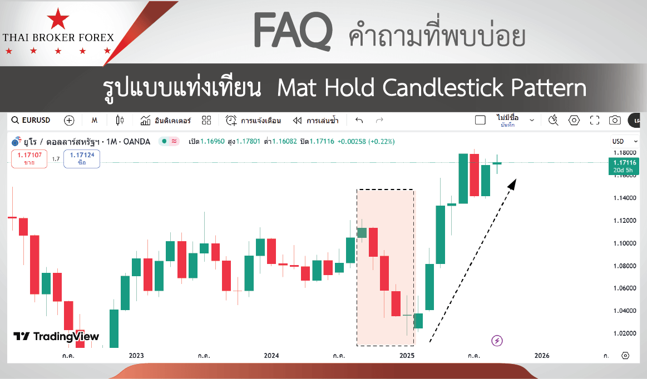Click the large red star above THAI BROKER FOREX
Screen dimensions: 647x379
tap(58, 18)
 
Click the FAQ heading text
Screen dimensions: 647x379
tap(293, 31)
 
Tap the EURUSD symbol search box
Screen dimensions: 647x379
tap(31, 120)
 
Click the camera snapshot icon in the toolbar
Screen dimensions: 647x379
tap(615, 120)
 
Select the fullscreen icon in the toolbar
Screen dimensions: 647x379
tap(595, 120)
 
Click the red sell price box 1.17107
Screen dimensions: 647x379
tap(29, 159)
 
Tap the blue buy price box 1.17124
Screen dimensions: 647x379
tap(82, 159)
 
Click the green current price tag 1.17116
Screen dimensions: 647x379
tap(624, 166)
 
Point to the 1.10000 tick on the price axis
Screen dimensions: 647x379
tap(625, 243)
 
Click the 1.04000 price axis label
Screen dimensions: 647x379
tap(625, 311)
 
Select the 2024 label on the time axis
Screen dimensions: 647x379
tap(271, 356)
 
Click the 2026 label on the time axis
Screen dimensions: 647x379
tap(542, 356)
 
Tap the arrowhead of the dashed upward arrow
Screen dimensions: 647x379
tap(512, 183)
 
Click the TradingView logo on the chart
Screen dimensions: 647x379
tap(56, 337)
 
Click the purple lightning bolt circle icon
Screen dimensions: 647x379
tap(497, 341)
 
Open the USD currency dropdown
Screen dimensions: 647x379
tap(625, 142)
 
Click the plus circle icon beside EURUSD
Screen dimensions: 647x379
tap(69, 120)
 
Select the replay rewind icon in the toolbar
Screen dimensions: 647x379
tap(297, 121)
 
